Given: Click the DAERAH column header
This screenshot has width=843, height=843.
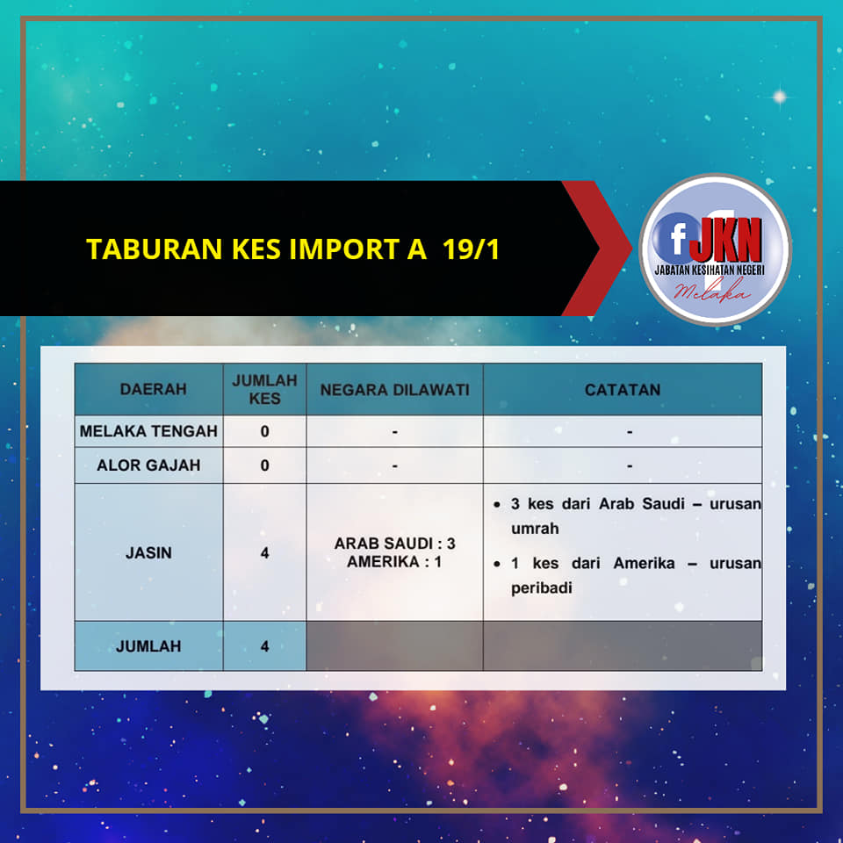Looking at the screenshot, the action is [153, 389].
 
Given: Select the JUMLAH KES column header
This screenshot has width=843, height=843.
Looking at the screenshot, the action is [264, 389].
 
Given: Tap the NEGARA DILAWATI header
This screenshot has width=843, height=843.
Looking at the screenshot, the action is [394, 390].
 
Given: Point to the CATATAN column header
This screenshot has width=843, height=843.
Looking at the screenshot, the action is [623, 390].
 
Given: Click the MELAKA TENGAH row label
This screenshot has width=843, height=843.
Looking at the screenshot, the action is [148, 431].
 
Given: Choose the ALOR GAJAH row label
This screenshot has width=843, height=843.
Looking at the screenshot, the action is [148, 465].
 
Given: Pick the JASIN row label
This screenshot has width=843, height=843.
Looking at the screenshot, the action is [148, 552].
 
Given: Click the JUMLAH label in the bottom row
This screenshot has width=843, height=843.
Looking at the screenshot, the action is [148, 646].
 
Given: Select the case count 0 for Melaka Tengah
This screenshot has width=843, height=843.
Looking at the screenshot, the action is [264, 431].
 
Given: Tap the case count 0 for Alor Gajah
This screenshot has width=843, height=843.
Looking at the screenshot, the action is [264, 465].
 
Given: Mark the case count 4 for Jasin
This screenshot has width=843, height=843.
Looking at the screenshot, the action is [264, 552].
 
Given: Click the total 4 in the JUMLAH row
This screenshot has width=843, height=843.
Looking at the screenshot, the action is [264, 646].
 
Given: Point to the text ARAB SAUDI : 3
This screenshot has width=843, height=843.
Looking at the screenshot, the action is [394, 544].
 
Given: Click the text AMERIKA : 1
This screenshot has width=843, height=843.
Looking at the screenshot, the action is [394, 562].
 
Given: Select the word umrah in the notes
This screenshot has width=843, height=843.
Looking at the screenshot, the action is [535, 529].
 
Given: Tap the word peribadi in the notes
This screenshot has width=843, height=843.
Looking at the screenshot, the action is [542, 588].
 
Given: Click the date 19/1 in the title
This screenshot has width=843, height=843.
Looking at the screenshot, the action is [471, 249].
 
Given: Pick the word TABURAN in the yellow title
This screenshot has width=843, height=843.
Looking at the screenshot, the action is [155, 249].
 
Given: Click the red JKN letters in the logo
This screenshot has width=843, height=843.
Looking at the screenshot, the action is [726, 239].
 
